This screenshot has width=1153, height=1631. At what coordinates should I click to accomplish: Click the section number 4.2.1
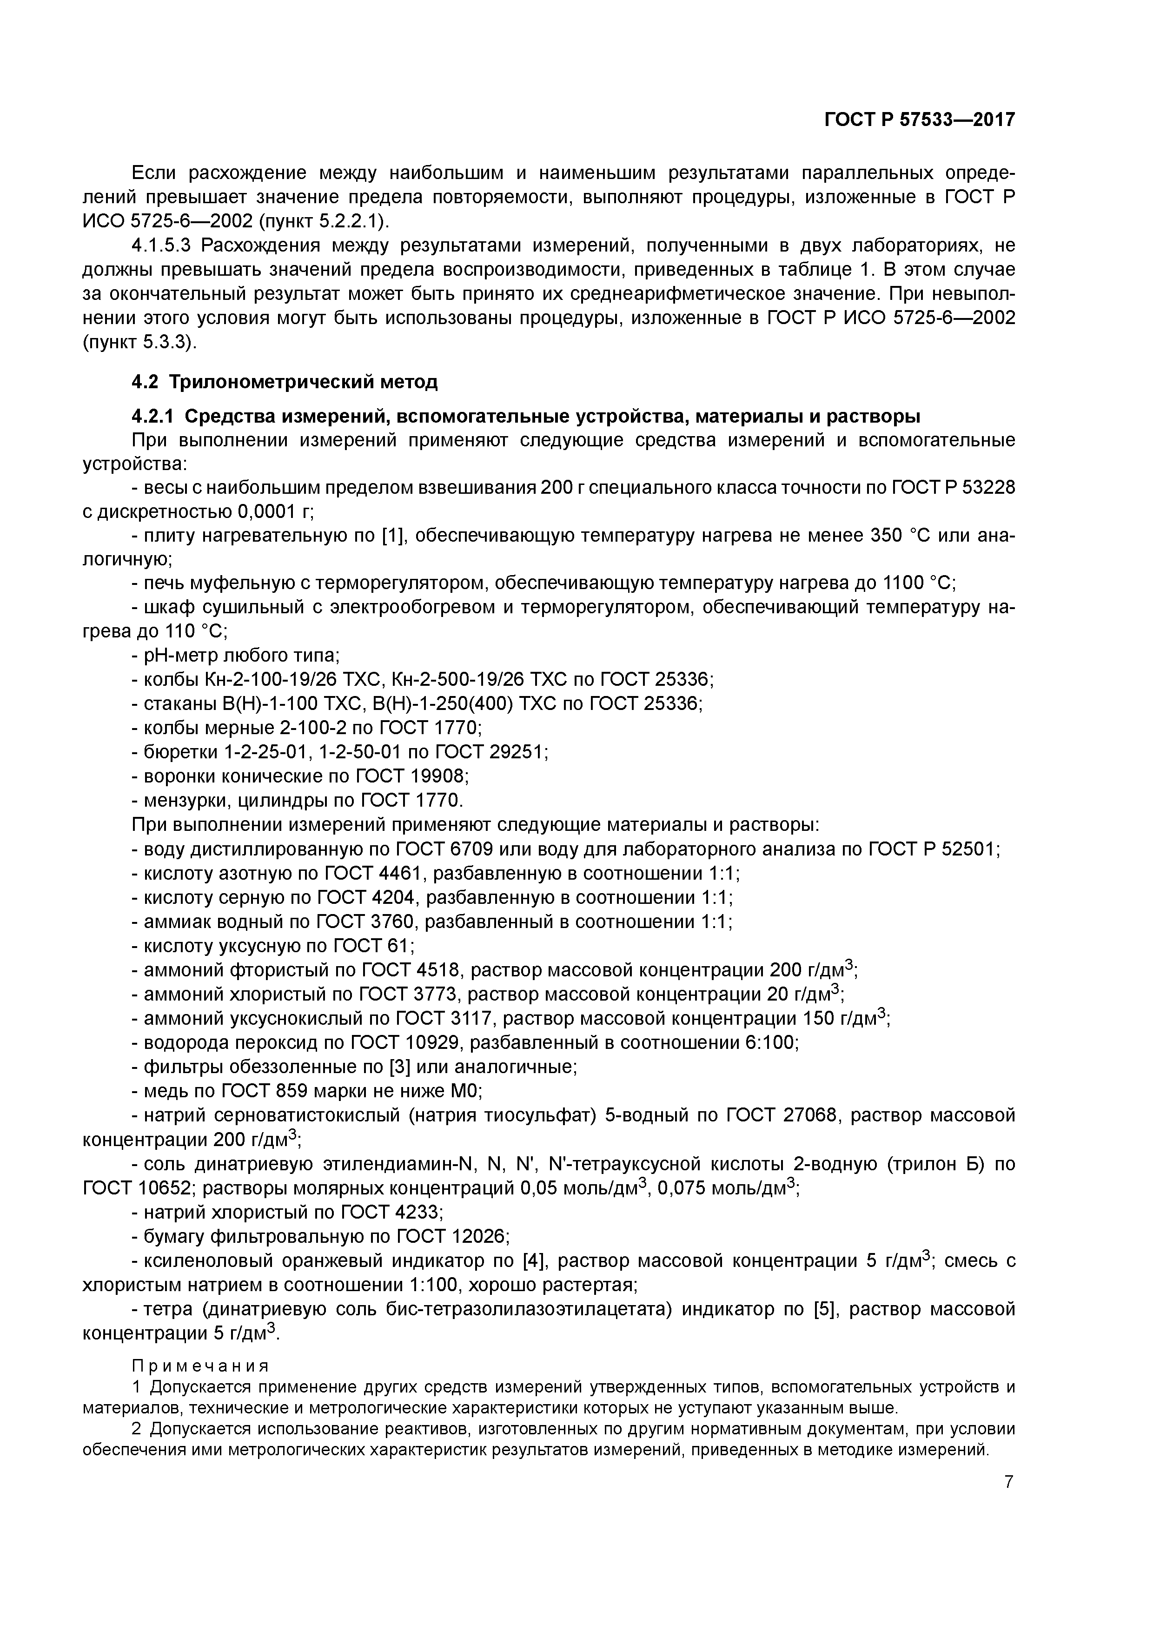click(153, 416)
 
